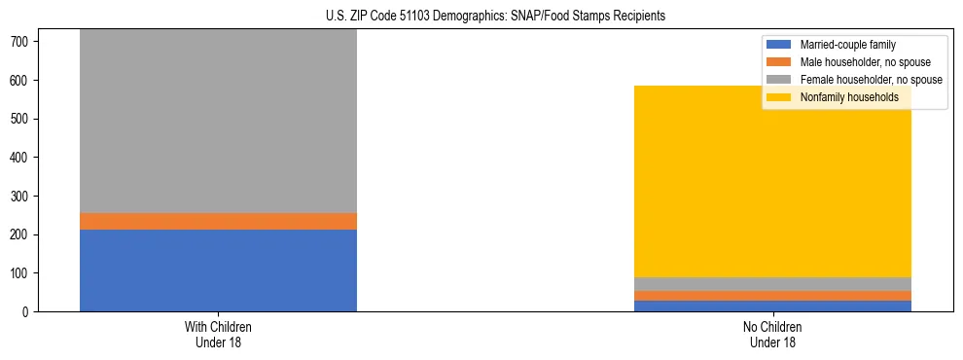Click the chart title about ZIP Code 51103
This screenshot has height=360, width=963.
481,17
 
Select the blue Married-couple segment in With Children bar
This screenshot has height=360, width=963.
218,270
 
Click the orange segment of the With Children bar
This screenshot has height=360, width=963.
218,221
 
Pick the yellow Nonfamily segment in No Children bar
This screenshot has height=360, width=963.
772,181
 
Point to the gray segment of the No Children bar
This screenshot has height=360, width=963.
772,284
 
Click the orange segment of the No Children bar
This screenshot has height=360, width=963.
772,296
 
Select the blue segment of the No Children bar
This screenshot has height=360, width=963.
772,306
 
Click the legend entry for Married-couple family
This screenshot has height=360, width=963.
847,45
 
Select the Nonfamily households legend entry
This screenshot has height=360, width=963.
849,97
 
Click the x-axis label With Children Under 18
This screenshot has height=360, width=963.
218,335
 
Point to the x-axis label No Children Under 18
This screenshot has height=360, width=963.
772,335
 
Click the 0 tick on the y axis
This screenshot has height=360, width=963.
25,312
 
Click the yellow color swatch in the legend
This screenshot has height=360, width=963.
779,97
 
